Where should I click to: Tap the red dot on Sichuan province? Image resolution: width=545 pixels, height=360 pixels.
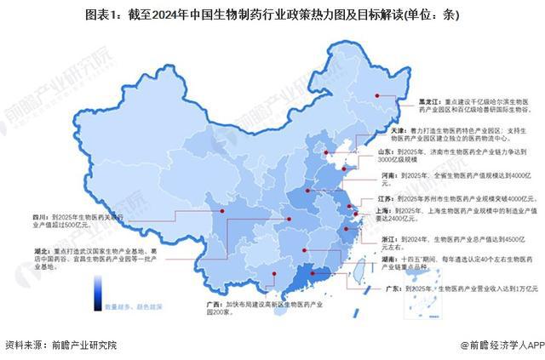click(221, 210)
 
